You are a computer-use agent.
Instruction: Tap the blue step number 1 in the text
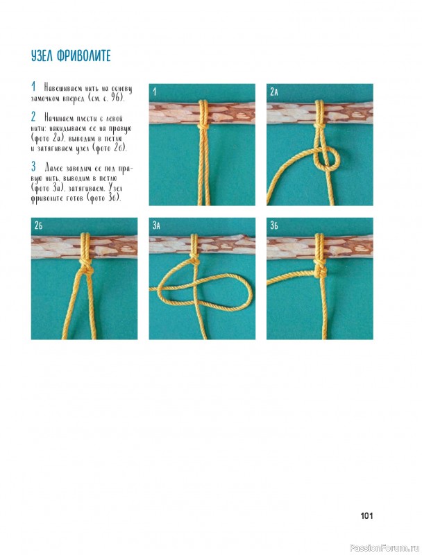coord(33,86)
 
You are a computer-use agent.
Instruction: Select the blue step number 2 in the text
coord(33,117)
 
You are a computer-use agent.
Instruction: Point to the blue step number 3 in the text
coord(33,166)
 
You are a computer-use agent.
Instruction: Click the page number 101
coord(366,516)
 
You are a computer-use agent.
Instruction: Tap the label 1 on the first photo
coord(154,92)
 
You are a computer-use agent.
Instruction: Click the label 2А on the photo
coord(274,92)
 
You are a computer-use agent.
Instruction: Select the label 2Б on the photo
coord(39,225)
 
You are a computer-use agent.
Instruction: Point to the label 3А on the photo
coord(156,225)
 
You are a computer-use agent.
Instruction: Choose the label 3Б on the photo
coord(274,225)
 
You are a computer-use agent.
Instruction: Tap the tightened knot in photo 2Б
coord(85,268)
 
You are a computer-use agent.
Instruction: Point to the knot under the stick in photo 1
coord(203,126)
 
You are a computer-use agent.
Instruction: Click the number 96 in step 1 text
coord(116,98)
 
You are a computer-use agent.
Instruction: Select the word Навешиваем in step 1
coord(62,88)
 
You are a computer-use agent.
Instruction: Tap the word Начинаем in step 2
coord(59,118)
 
